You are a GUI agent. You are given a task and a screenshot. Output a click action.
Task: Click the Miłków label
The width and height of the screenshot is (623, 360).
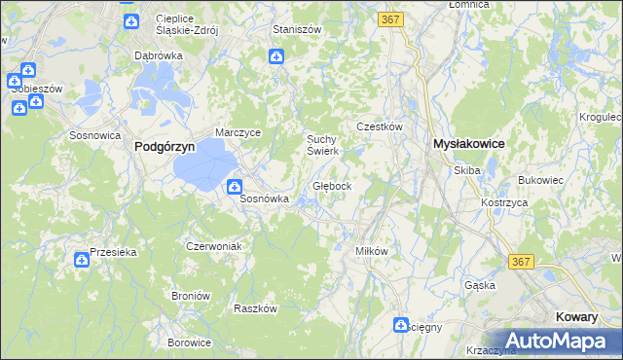click(372, 250)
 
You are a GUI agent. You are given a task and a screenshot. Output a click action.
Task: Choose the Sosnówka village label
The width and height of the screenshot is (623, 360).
click(265, 198)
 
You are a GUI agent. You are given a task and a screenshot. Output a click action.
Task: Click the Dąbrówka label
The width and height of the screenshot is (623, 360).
click(159, 55)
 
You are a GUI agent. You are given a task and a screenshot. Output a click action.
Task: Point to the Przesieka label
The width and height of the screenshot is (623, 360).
click(113, 251)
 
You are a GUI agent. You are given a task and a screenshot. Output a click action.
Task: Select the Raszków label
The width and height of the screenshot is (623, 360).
click(256, 307)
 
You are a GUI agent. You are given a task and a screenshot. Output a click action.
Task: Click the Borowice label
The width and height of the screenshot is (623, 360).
click(189, 342)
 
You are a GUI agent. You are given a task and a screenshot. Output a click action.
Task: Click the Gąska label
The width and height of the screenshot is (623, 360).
click(480, 285)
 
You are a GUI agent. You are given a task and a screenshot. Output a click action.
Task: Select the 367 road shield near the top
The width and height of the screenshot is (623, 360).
click(392, 19)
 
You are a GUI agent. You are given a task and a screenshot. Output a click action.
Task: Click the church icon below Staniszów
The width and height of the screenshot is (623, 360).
click(276, 58)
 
